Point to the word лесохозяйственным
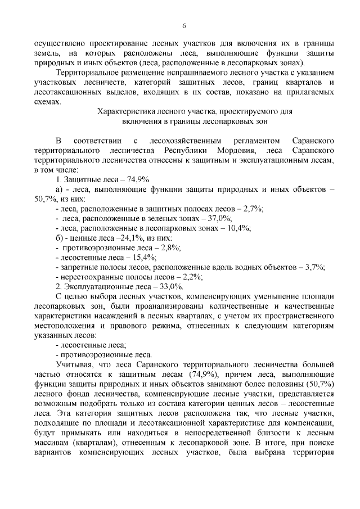(180, 138)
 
